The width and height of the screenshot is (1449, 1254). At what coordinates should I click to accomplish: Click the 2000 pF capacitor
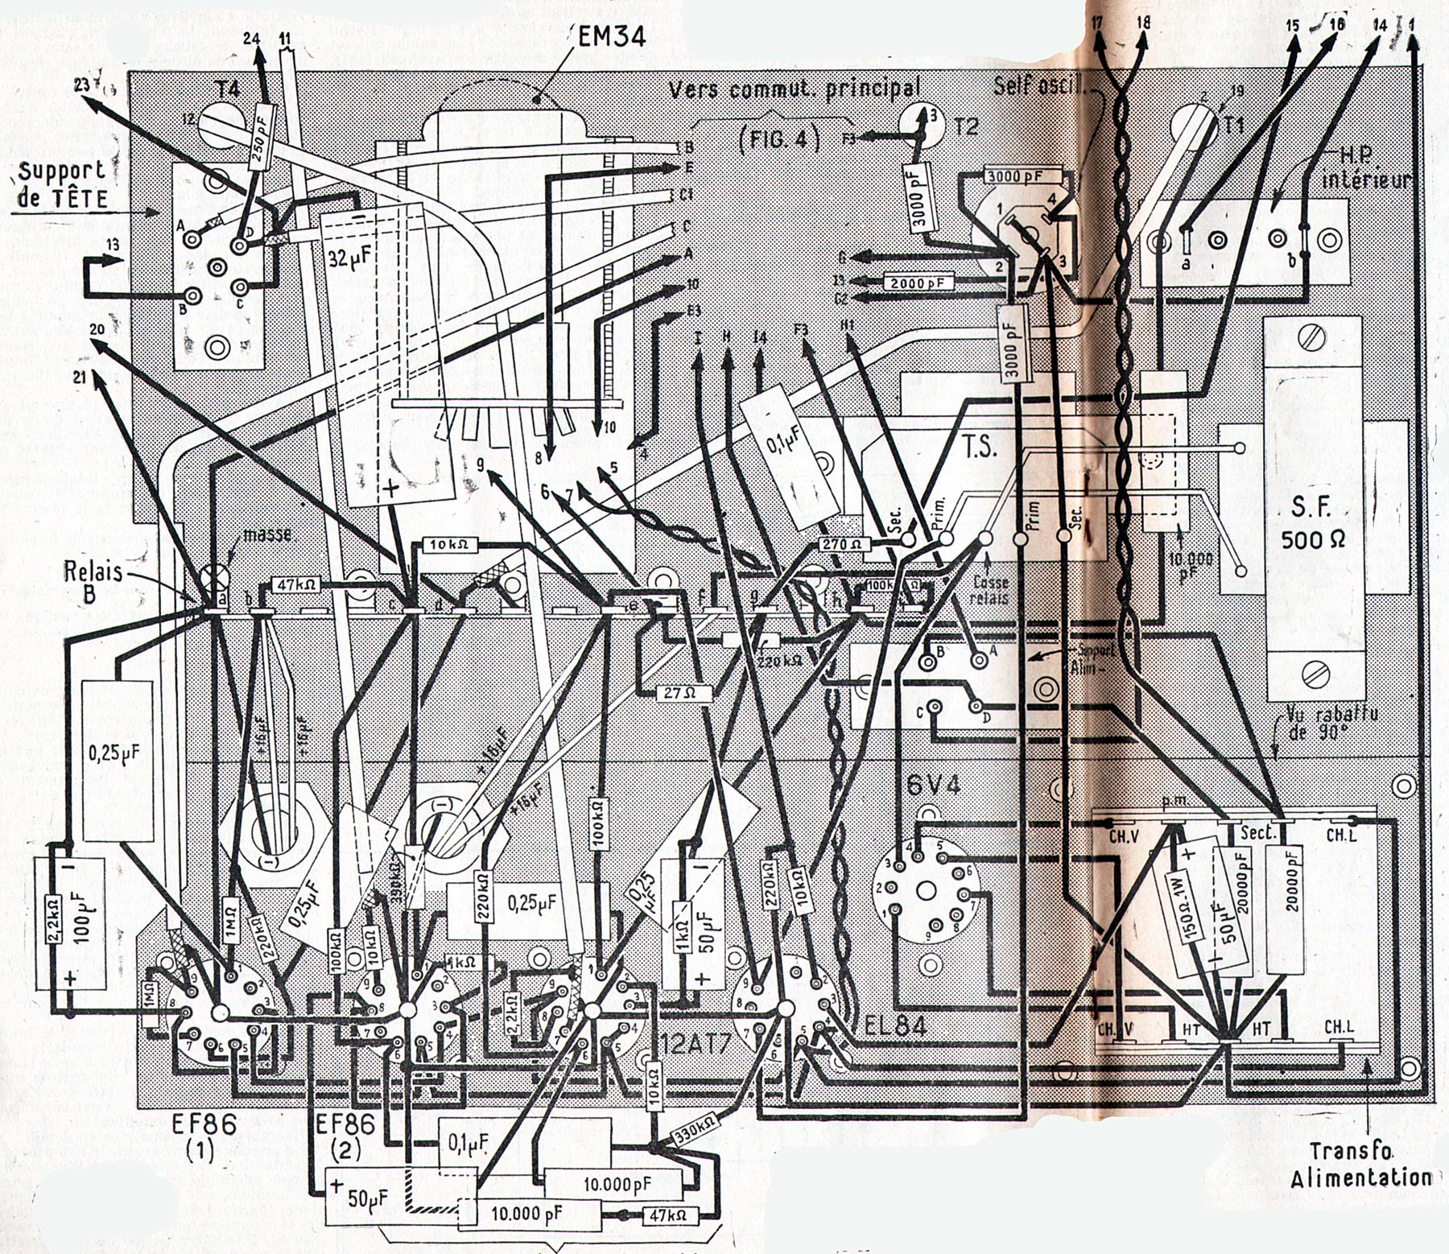click(x=918, y=283)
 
